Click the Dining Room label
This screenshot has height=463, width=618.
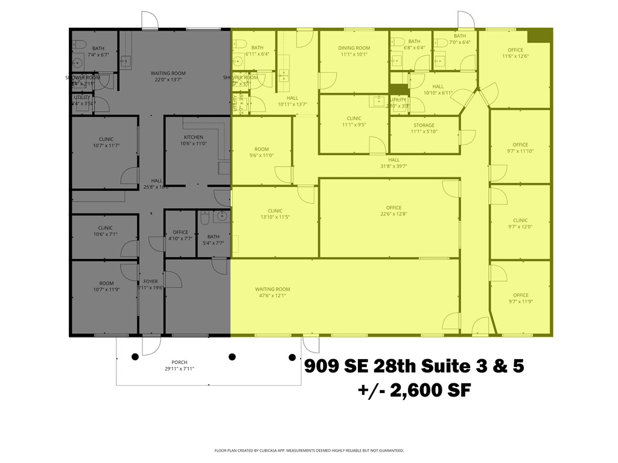354,48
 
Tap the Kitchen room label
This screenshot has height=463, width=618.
194,137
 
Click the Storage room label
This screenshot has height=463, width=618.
423,126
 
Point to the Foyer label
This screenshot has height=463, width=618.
150,281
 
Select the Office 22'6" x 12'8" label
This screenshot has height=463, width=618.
393,208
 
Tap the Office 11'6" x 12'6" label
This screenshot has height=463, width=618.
515,50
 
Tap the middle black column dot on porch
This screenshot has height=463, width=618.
232,357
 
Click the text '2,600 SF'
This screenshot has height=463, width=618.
430,391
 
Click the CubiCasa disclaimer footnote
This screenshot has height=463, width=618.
309,450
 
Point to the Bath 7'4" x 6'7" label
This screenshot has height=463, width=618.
98,48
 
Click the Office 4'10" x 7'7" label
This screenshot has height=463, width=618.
180,232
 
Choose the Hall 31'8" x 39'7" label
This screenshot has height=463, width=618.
393,160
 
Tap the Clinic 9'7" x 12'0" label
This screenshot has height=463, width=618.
520,220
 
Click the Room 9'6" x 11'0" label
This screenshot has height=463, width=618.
261,149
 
